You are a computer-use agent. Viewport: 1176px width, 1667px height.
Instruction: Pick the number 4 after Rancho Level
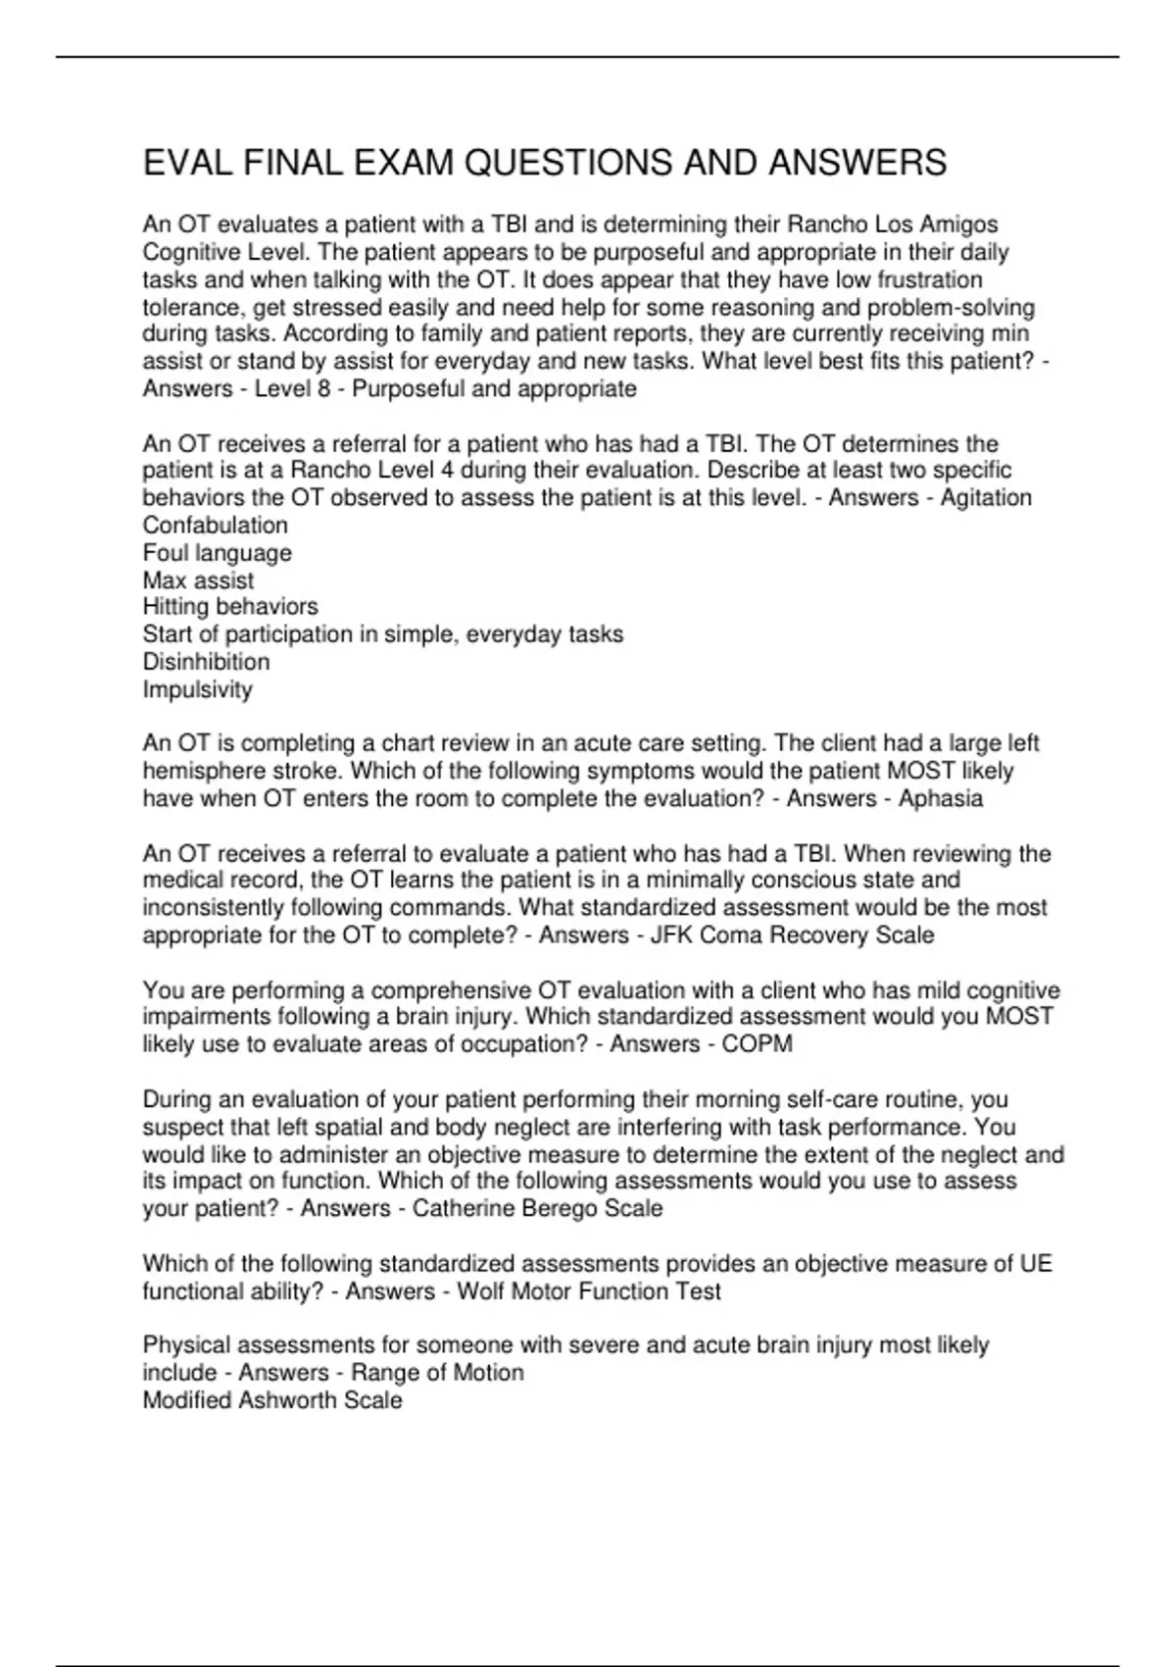pyautogui.click(x=447, y=470)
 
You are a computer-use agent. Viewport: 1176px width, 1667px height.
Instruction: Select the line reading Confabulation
pyautogui.click(x=216, y=525)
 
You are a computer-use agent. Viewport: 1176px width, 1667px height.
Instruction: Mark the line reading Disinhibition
pyautogui.click(x=206, y=662)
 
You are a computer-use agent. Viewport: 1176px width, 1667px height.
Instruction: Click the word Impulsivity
pyautogui.click(x=198, y=689)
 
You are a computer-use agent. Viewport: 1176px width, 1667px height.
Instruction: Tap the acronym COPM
pyautogui.click(x=757, y=1044)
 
